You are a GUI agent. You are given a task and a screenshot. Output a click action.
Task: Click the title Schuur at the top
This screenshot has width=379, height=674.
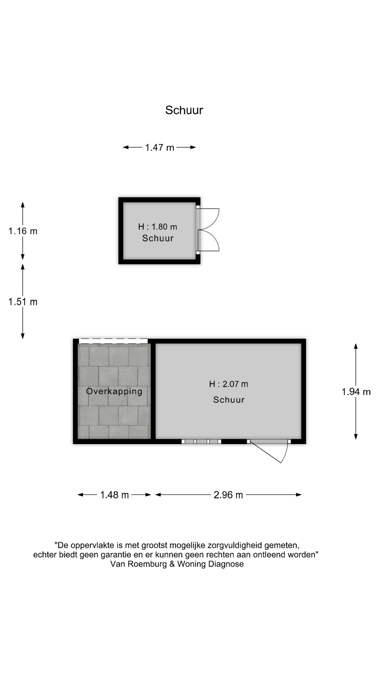coord(184,110)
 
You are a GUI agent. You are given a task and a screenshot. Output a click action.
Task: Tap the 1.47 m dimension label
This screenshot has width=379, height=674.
coord(160,147)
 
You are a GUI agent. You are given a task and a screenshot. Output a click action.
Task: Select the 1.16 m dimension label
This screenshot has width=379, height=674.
coord(23,231)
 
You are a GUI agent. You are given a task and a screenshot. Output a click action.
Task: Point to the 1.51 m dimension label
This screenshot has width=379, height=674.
coord(23,302)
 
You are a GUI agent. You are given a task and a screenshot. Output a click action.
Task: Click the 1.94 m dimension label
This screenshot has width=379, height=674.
coord(356,392)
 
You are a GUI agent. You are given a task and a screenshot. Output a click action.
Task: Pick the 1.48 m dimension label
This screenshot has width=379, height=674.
coord(115,495)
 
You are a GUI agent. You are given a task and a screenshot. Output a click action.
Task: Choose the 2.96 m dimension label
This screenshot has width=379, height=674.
coord(228,495)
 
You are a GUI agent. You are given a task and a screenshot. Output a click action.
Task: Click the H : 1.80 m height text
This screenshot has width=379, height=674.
coord(158,227)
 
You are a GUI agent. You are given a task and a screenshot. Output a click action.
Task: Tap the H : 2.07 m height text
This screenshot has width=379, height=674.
coord(228,384)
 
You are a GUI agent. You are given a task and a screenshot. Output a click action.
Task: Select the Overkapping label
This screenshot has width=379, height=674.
coord(114,391)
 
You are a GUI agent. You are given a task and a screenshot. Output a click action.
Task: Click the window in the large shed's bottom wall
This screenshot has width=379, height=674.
coord(201,442)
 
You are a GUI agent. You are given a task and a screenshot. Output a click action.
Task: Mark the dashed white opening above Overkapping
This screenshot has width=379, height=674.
coord(113,341)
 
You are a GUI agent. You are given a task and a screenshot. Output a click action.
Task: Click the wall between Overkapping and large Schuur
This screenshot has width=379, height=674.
coord(153,391)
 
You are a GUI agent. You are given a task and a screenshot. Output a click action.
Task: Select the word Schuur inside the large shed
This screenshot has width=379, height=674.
coord(229,400)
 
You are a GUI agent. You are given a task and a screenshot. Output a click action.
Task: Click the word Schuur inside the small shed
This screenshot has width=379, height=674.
coord(158,238)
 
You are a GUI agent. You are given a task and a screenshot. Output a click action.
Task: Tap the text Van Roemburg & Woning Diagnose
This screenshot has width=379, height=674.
coord(177,564)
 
